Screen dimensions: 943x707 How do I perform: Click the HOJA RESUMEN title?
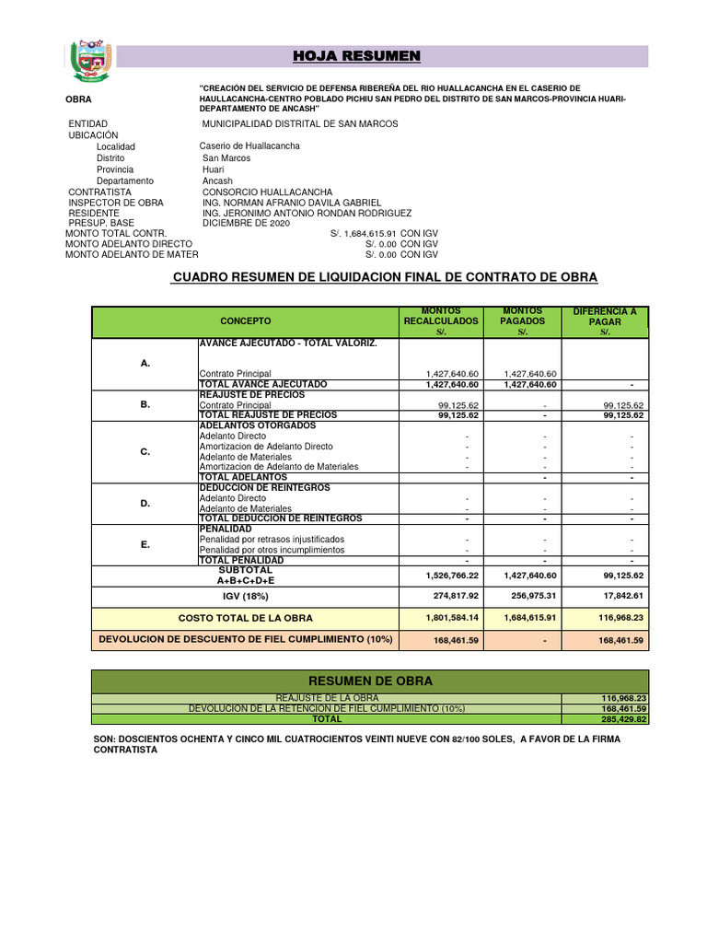(356, 57)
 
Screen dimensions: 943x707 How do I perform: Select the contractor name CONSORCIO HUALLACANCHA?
(267, 192)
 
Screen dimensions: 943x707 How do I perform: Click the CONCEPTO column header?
(246, 321)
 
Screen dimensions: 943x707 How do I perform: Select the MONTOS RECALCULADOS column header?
(441, 321)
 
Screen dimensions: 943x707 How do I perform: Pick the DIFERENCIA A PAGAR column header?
(605, 321)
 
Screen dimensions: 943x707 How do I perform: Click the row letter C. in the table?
(145, 451)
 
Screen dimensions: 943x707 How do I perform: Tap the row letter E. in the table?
(145, 544)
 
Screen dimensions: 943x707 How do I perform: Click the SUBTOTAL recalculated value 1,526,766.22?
(452, 576)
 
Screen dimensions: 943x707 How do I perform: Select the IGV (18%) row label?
(245, 596)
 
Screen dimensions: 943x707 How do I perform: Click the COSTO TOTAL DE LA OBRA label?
(245, 618)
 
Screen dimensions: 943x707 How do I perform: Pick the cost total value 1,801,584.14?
(452, 618)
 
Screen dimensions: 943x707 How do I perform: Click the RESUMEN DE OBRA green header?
(370, 681)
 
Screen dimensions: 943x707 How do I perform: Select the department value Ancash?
(217, 180)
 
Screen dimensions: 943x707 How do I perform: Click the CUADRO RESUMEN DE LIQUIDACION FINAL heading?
(385, 277)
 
